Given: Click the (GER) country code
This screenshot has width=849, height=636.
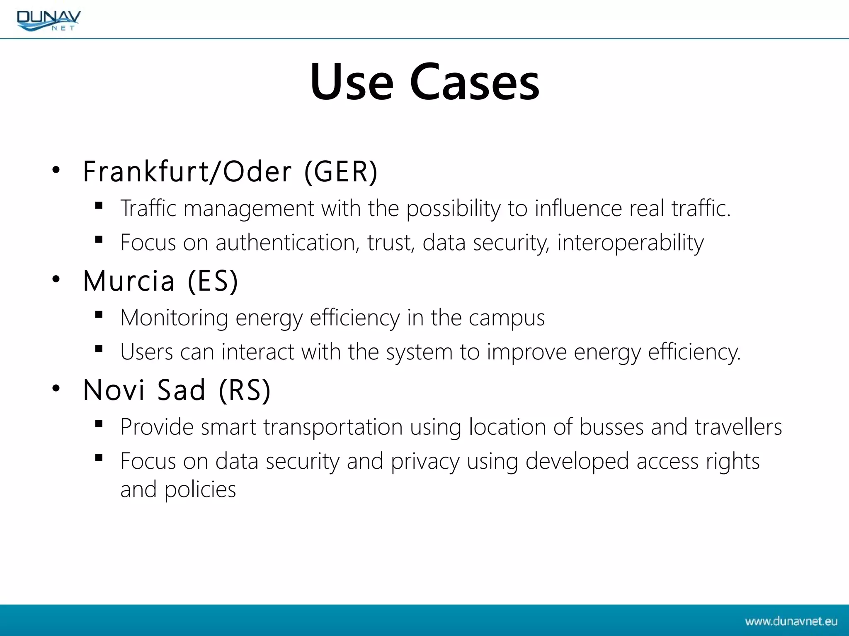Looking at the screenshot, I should pyautogui.click(x=341, y=171).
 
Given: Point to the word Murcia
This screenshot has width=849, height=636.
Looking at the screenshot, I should pyautogui.click(x=129, y=281).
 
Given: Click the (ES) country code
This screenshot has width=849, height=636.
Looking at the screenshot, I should pyautogui.click(x=213, y=281).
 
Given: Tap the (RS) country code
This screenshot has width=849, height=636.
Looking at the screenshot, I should pyautogui.click(x=245, y=390).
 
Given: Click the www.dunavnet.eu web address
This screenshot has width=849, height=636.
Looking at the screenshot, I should pyautogui.click(x=791, y=621).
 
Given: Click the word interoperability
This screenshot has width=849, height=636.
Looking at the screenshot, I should pyautogui.click(x=630, y=242).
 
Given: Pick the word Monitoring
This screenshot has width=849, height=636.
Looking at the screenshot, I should pyautogui.click(x=174, y=318).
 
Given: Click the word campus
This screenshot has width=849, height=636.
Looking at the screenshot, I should pyautogui.click(x=507, y=318).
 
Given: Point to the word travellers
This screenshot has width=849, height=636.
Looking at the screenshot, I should pyautogui.click(x=738, y=427).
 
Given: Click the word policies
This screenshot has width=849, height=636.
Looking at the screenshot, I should pyautogui.click(x=200, y=490).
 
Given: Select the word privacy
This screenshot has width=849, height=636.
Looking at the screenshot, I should pyautogui.click(x=425, y=461).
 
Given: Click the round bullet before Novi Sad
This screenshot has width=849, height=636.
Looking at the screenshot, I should pyautogui.click(x=56, y=388).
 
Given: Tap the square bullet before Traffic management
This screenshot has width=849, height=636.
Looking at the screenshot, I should pyautogui.click(x=99, y=205).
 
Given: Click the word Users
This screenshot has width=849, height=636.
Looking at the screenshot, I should pyautogui.click(x=146, y=352).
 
